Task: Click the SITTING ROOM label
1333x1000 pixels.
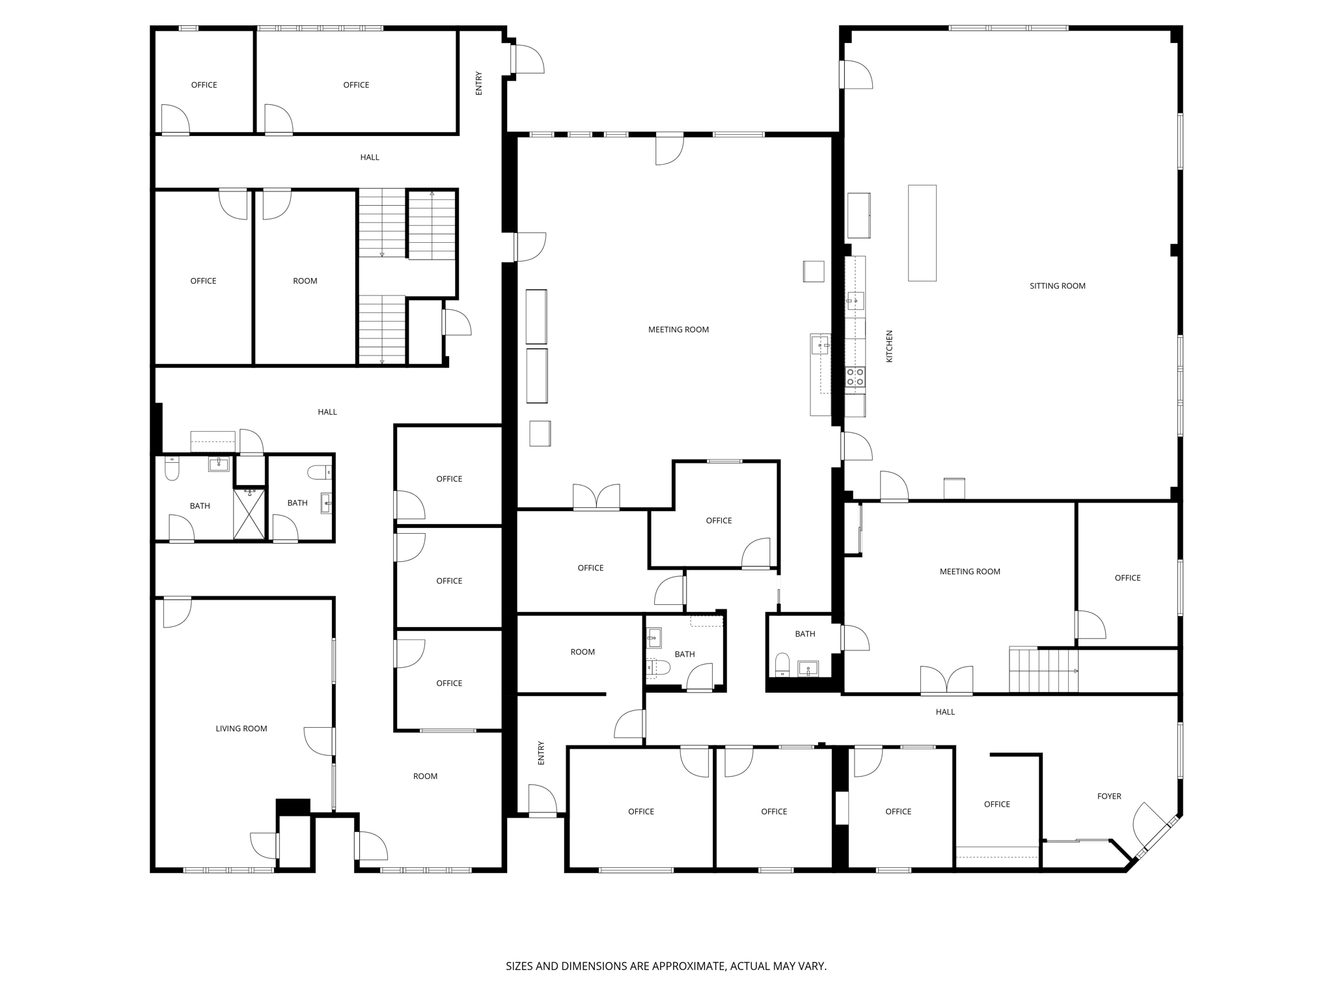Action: (1057, 286)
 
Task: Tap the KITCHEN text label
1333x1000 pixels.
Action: (889, 346)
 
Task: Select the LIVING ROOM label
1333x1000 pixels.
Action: (241, 729)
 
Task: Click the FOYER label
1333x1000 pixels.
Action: (1109, 796)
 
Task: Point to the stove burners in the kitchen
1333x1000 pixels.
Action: (855, 376)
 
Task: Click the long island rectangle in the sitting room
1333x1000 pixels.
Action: (922, 233)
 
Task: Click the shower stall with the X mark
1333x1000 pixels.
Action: (249, 514)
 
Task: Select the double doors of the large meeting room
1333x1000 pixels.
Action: (596, 497)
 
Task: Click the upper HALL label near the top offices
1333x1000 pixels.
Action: (370, 157)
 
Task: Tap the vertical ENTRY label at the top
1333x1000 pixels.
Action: (479, 83)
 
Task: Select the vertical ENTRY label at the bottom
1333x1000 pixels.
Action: (541, 753)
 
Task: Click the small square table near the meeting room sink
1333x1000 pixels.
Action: (814, 271)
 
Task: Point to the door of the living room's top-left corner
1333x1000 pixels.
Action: (176, 612)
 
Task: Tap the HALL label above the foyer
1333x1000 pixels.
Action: (945, 712)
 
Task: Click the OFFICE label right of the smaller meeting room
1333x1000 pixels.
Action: (1127, 577)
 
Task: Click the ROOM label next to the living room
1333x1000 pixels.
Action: (425, 776)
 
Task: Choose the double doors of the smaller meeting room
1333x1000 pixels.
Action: (946, 680)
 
